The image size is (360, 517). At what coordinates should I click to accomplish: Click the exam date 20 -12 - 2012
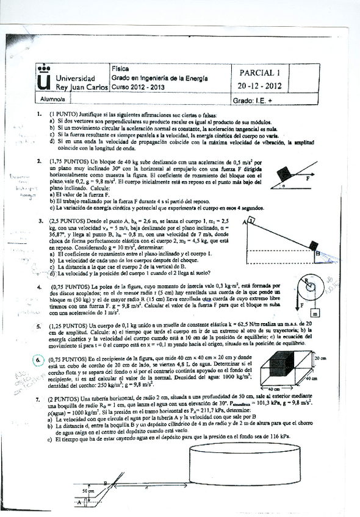(261, 86)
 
